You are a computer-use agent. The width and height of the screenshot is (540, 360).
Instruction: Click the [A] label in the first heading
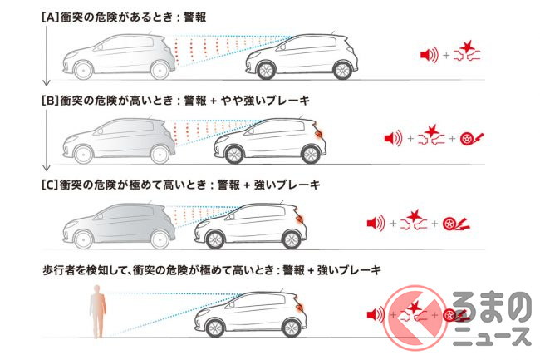point(51,15)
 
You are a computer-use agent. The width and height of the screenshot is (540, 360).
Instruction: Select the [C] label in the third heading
point(51,184)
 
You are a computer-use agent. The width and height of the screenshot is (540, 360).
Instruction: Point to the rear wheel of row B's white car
point(311,155)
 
